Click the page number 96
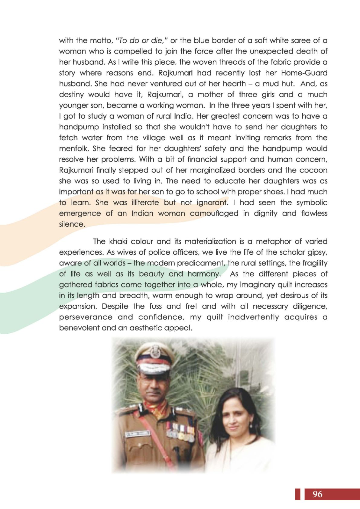(317, 494)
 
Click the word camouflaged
(214, 213)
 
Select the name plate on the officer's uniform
(138, 434)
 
